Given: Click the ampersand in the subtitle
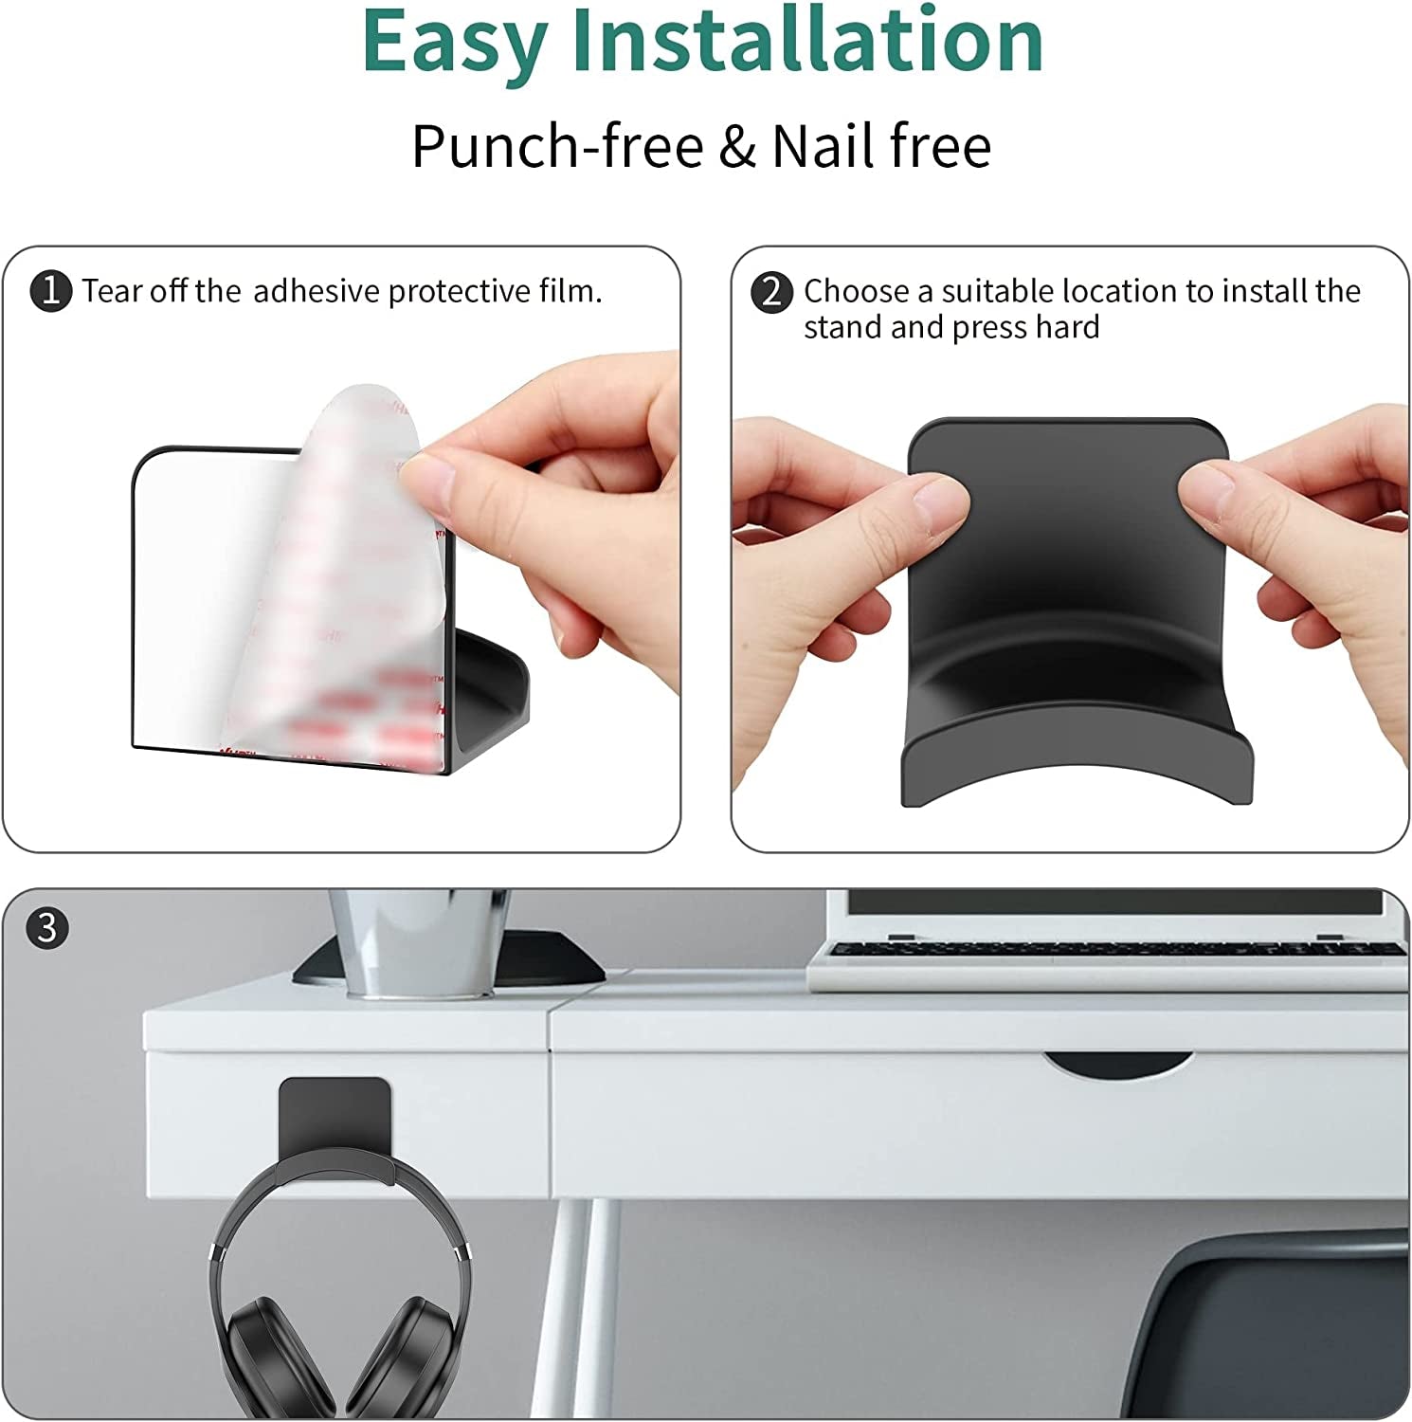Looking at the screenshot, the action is pos(737,147).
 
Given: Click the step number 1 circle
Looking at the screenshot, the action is pos(51,291).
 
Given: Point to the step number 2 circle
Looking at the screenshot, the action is pos(771,291).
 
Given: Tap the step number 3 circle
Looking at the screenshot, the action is pos(47,927).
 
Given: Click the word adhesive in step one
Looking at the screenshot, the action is pos(317,291).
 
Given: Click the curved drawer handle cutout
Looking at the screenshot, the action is pos(1119,1065).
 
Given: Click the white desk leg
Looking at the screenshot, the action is pos(574,1308).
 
